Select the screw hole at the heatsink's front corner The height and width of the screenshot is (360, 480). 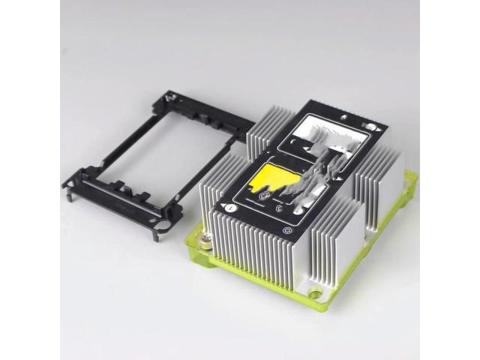(x=315, y=295)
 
